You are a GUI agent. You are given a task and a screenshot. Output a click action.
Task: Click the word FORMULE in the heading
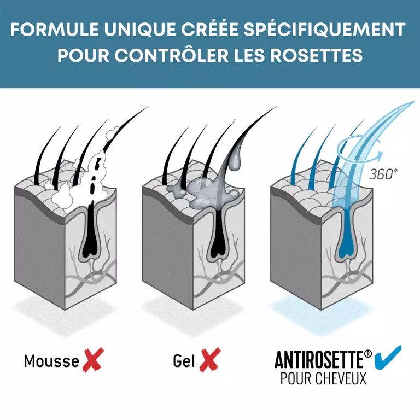tap(55, 29)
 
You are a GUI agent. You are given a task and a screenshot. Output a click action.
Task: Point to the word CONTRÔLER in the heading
tap(171, 55)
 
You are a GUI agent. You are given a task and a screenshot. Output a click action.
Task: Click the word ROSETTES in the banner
tap(316, 55)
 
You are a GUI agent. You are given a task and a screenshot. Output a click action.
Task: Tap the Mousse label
tap(51, 360)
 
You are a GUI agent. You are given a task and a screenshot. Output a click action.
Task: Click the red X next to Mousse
tap(93, 360)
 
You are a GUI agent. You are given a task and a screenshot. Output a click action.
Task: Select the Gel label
tap(184, 360)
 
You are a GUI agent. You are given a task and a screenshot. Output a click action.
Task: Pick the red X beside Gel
tap(210, 360)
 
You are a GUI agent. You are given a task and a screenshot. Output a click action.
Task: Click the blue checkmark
tap(388, 358)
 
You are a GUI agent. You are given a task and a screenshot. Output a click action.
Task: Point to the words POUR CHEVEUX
tap(323, 379)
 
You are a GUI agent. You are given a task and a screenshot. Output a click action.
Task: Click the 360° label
tap(383, 174)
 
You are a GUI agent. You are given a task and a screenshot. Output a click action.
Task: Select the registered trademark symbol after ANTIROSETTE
tap(368, 354)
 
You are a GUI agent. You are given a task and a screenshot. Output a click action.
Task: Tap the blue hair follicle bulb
tap(346, 248)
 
